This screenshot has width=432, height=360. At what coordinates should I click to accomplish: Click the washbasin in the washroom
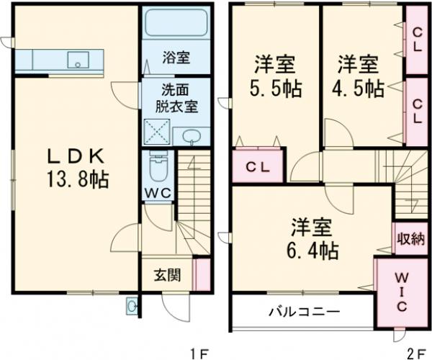(191, 137)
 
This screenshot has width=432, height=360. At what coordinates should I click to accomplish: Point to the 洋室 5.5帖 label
(275, 77)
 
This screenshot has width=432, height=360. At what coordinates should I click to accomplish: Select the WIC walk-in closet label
(402, 292)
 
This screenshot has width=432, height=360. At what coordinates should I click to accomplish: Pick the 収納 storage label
(410, 239)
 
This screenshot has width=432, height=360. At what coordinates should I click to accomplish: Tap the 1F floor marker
(198, 353)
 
